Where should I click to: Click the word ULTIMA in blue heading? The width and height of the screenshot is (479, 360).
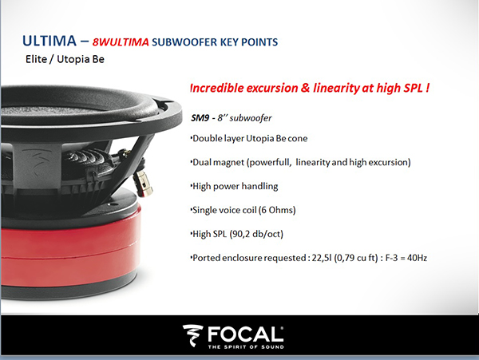pos(49,41)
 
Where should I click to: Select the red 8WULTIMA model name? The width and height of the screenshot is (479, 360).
pos(121,42)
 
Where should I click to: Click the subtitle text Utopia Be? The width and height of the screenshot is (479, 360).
pos(81,59)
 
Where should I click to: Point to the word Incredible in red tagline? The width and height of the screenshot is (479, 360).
pos(217,88)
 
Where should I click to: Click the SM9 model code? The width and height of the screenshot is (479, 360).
pos(200,118)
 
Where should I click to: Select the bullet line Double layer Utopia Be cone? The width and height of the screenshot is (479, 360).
pos(249,138)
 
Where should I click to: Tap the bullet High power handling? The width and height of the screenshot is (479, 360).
pos(235,186)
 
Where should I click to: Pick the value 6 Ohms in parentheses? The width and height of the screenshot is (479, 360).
pos(277,210)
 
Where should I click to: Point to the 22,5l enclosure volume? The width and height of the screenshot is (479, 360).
pos(322,258)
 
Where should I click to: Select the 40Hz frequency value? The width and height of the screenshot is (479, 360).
pos(417,258)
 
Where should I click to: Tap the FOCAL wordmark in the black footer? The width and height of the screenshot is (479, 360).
pos(246,334)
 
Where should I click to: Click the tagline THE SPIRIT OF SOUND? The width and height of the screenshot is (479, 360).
pos(246,347)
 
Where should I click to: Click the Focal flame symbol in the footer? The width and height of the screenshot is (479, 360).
pos(192,335)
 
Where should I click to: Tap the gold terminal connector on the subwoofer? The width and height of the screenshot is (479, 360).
pos(143,183)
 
